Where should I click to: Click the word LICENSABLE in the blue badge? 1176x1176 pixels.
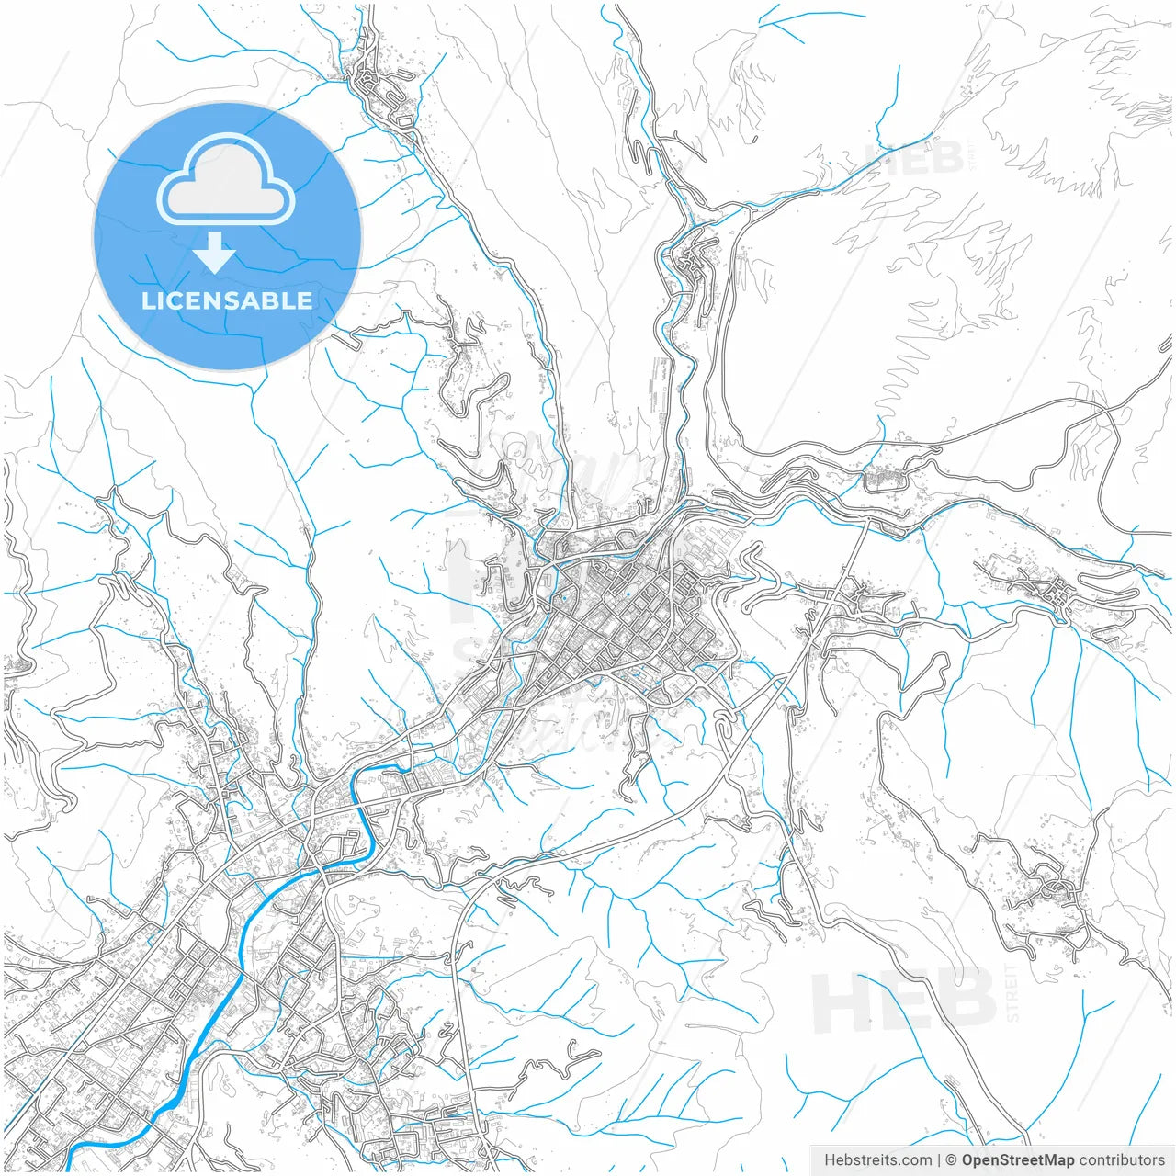[227, 300]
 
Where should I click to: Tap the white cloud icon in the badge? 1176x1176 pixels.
[226, 180]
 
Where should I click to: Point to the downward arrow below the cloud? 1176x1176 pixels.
[215, 254]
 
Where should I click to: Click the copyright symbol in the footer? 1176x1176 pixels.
[952, 1160]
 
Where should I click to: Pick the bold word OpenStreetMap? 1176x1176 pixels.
[1018, 1160]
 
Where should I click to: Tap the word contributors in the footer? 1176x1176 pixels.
[1122, 1160]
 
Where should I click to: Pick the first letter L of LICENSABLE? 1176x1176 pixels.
[148, 300]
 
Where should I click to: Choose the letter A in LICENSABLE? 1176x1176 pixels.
[254, 300]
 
